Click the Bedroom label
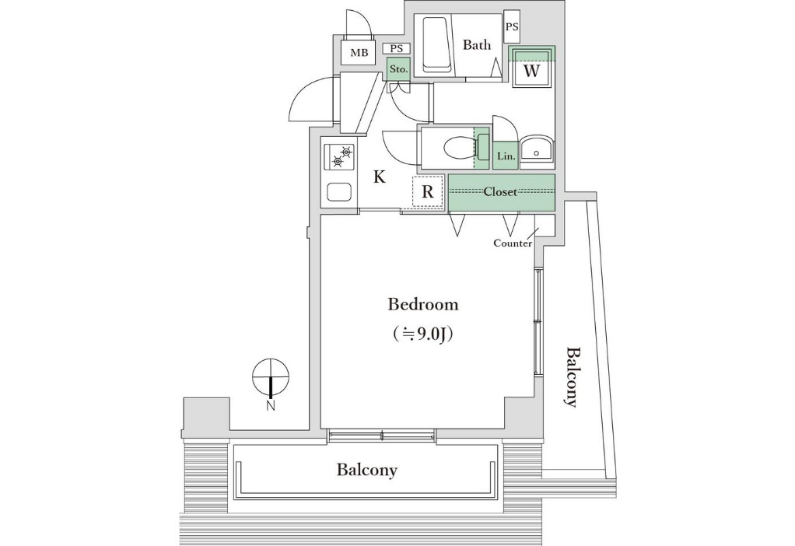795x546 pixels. (423, 304)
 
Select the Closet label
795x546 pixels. (500, 191)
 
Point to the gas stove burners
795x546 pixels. (340, 156)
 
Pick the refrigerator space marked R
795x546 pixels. (429, 191)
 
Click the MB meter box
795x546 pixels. (359, 52)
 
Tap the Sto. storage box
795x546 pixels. (398, 69)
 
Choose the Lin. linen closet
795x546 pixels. (506, 156)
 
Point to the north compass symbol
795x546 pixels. (271, 378)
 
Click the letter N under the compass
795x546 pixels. (271, 405)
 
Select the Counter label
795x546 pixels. (513, 243)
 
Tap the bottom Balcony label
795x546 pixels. (367, 470)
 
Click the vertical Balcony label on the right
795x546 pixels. (572, 377)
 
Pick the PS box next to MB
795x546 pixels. (397, 49)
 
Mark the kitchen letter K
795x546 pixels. (380, 177)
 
